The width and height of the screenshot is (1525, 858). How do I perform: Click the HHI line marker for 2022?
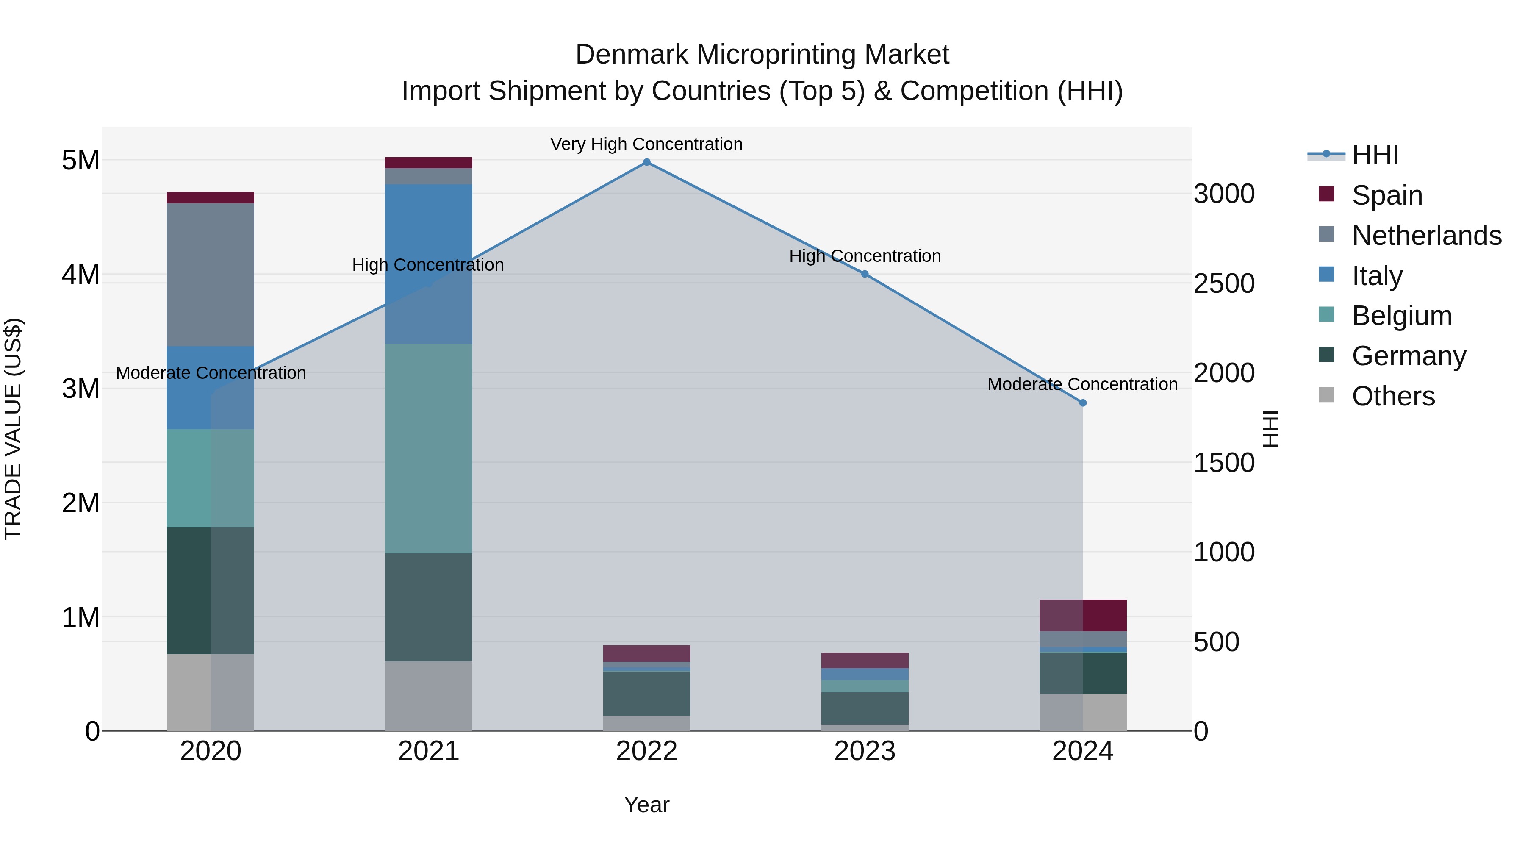646,162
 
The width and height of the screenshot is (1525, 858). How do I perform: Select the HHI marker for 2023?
865,274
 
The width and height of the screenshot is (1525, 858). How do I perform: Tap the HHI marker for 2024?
1083,403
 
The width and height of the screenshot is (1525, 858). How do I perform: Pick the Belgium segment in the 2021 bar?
429,449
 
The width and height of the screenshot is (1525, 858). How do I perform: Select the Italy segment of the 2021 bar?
429,264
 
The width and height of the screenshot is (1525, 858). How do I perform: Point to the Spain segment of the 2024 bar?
1083,615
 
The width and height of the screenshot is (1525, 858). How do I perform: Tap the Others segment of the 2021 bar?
429,696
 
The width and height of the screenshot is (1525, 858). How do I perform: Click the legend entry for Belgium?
1401,316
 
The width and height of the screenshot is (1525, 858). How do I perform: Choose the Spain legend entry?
1386,195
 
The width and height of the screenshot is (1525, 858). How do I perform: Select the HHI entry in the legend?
1375,155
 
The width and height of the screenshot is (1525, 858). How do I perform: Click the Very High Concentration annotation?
646,144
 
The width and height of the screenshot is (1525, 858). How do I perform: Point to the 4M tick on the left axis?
80,275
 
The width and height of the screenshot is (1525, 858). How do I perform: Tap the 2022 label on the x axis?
646,751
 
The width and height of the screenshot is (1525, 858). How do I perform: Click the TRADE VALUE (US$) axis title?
13,429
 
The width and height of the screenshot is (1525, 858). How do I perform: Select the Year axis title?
646,805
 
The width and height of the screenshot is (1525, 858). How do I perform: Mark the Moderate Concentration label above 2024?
1082,384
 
